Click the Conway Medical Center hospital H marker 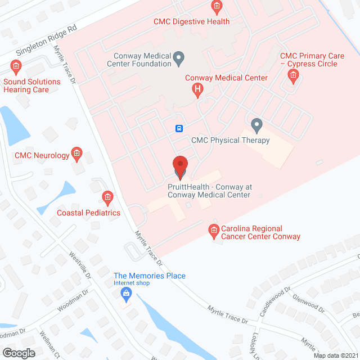197,88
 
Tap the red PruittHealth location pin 180,166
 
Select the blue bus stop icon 179,128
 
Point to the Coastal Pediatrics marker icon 107,197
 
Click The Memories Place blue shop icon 127,293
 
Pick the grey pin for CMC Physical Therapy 256,124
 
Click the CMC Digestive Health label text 191,21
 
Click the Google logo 18,353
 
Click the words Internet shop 132,283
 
